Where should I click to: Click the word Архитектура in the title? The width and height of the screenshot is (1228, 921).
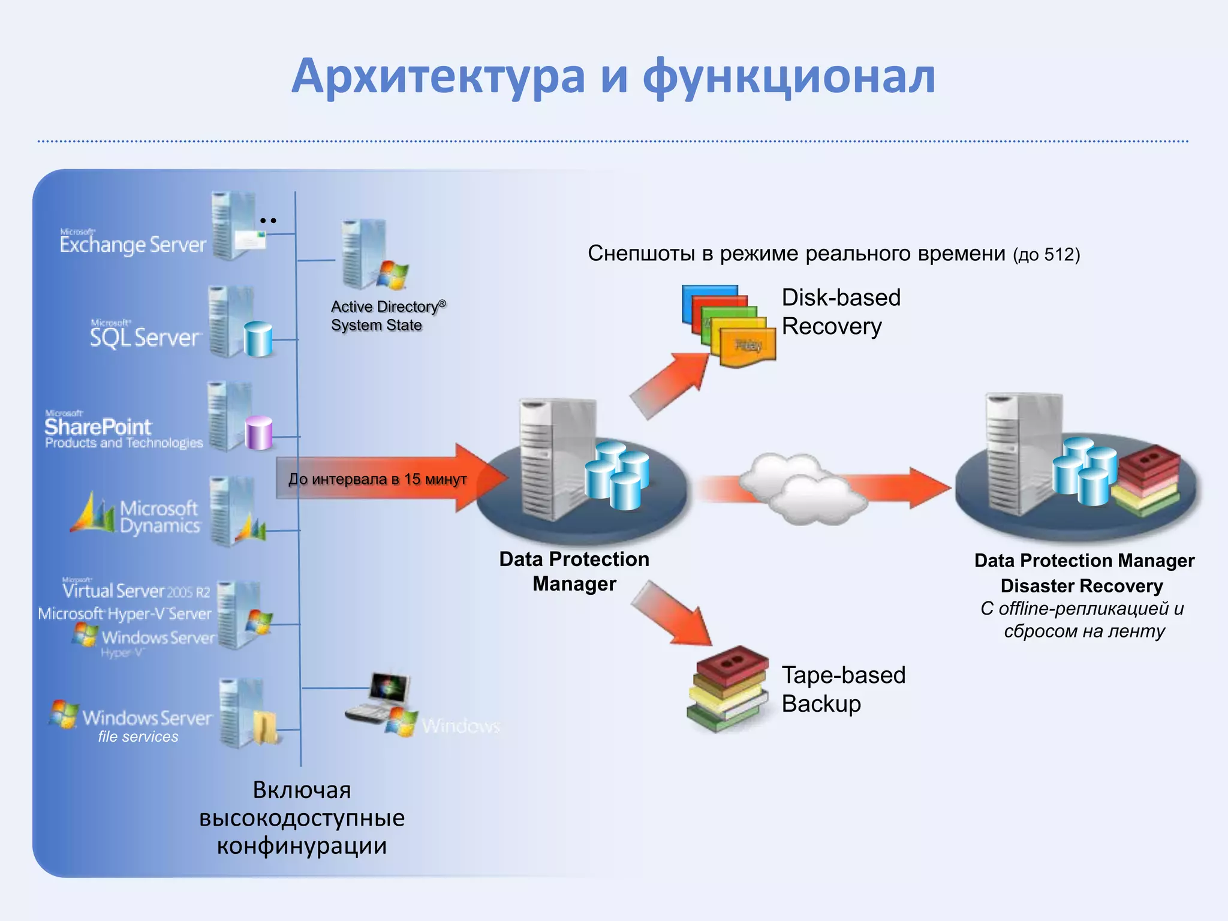(x=438, y=77)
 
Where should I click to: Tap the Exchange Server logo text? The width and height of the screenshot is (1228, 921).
(x=133, y=244)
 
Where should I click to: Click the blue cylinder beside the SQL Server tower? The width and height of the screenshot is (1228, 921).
(x=258, y=339)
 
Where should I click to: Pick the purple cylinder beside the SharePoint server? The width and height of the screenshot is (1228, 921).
(x=259, y=433)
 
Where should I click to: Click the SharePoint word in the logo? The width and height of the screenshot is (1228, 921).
(x=98, y=427)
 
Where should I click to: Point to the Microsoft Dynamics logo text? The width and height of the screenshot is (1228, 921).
(x=159, y=517)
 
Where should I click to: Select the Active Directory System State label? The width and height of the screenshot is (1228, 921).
(x=388, y=316)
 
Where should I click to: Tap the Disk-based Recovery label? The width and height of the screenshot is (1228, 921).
(x=841, y=312)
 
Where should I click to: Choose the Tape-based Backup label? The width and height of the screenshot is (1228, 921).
(x=843, y=689)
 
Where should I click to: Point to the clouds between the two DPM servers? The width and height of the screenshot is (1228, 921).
(x=800, y=489)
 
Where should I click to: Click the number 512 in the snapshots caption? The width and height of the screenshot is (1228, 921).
(x=1060, y=255)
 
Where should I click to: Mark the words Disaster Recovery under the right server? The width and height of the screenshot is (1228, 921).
(x=1082, y=586)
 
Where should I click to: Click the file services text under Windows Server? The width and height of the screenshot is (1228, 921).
(x=138, y=737)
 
